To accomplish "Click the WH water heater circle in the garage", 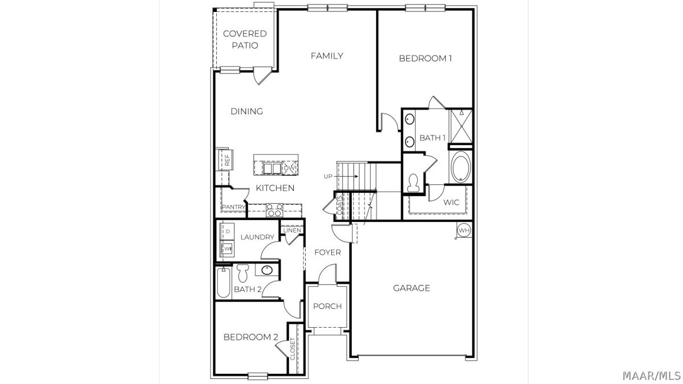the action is [x=464, y=230].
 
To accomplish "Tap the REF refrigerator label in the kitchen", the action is [x=227, y=160].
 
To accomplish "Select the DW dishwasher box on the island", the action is [x=290, y=168].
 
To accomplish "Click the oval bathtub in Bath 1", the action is [x=460, y=167].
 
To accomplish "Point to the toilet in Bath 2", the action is [x=242, y=273].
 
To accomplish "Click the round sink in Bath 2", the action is [x=267, y=270].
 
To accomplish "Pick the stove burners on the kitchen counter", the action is [x=275, y=210].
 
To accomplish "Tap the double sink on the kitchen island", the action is [x=272, y=168].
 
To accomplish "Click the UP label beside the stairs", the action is [x=328, y=176].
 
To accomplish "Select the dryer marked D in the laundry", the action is [x=228, y=232].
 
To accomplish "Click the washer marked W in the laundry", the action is [x=228, y=249].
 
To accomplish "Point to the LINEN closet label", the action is [x=292, y=230].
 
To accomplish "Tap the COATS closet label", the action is [x=339, y=205].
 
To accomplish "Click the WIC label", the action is [x=451, y=203].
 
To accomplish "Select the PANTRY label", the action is [x=233, y=207].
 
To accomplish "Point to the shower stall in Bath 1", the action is [x=462, y=126].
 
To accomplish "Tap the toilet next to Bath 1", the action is [x=413, y=182].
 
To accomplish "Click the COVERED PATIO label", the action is [x=245, y=39].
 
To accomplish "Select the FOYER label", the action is [x=328, y=253].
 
